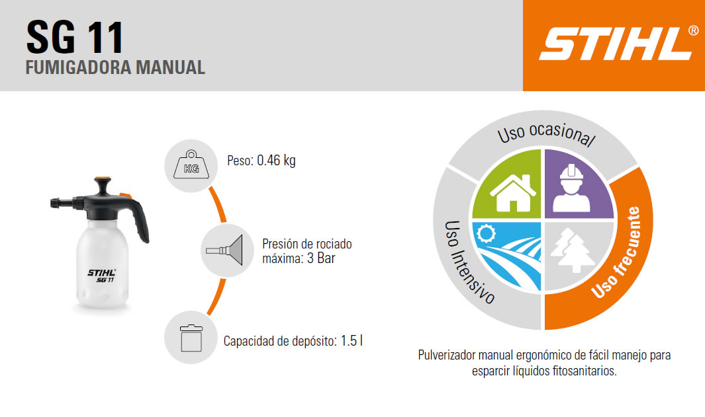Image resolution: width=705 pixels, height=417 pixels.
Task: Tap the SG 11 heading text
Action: pyautogui.click(x=75, y=38)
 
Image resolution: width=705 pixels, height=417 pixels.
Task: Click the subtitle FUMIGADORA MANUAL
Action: pyautogui.click(x=115, y=67)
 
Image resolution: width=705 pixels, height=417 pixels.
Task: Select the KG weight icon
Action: pyautogui.click(x=191, y=166)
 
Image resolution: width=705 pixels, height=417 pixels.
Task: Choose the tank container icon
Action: pyautogui.click(x=191, y=337)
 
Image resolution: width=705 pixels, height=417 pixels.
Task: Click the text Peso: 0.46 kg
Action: pyautogui.click(x=261, y=160)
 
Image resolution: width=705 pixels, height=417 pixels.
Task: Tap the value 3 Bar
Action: pyautogui.click(x=321, y=258)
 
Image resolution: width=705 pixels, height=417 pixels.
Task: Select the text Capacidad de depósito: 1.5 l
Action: pyautogui.click(x=293, y=341)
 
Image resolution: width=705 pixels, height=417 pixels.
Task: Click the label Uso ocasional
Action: pyautogui.click(x=546, y=133)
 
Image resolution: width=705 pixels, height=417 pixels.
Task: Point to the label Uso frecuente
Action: pyautogui.click(x=616, y=252)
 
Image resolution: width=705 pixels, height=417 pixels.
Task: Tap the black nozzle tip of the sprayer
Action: pyautogui.click(x=56, y=202)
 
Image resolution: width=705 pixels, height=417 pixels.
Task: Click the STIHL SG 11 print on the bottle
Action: pyautogui.click(x=102, y=276)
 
